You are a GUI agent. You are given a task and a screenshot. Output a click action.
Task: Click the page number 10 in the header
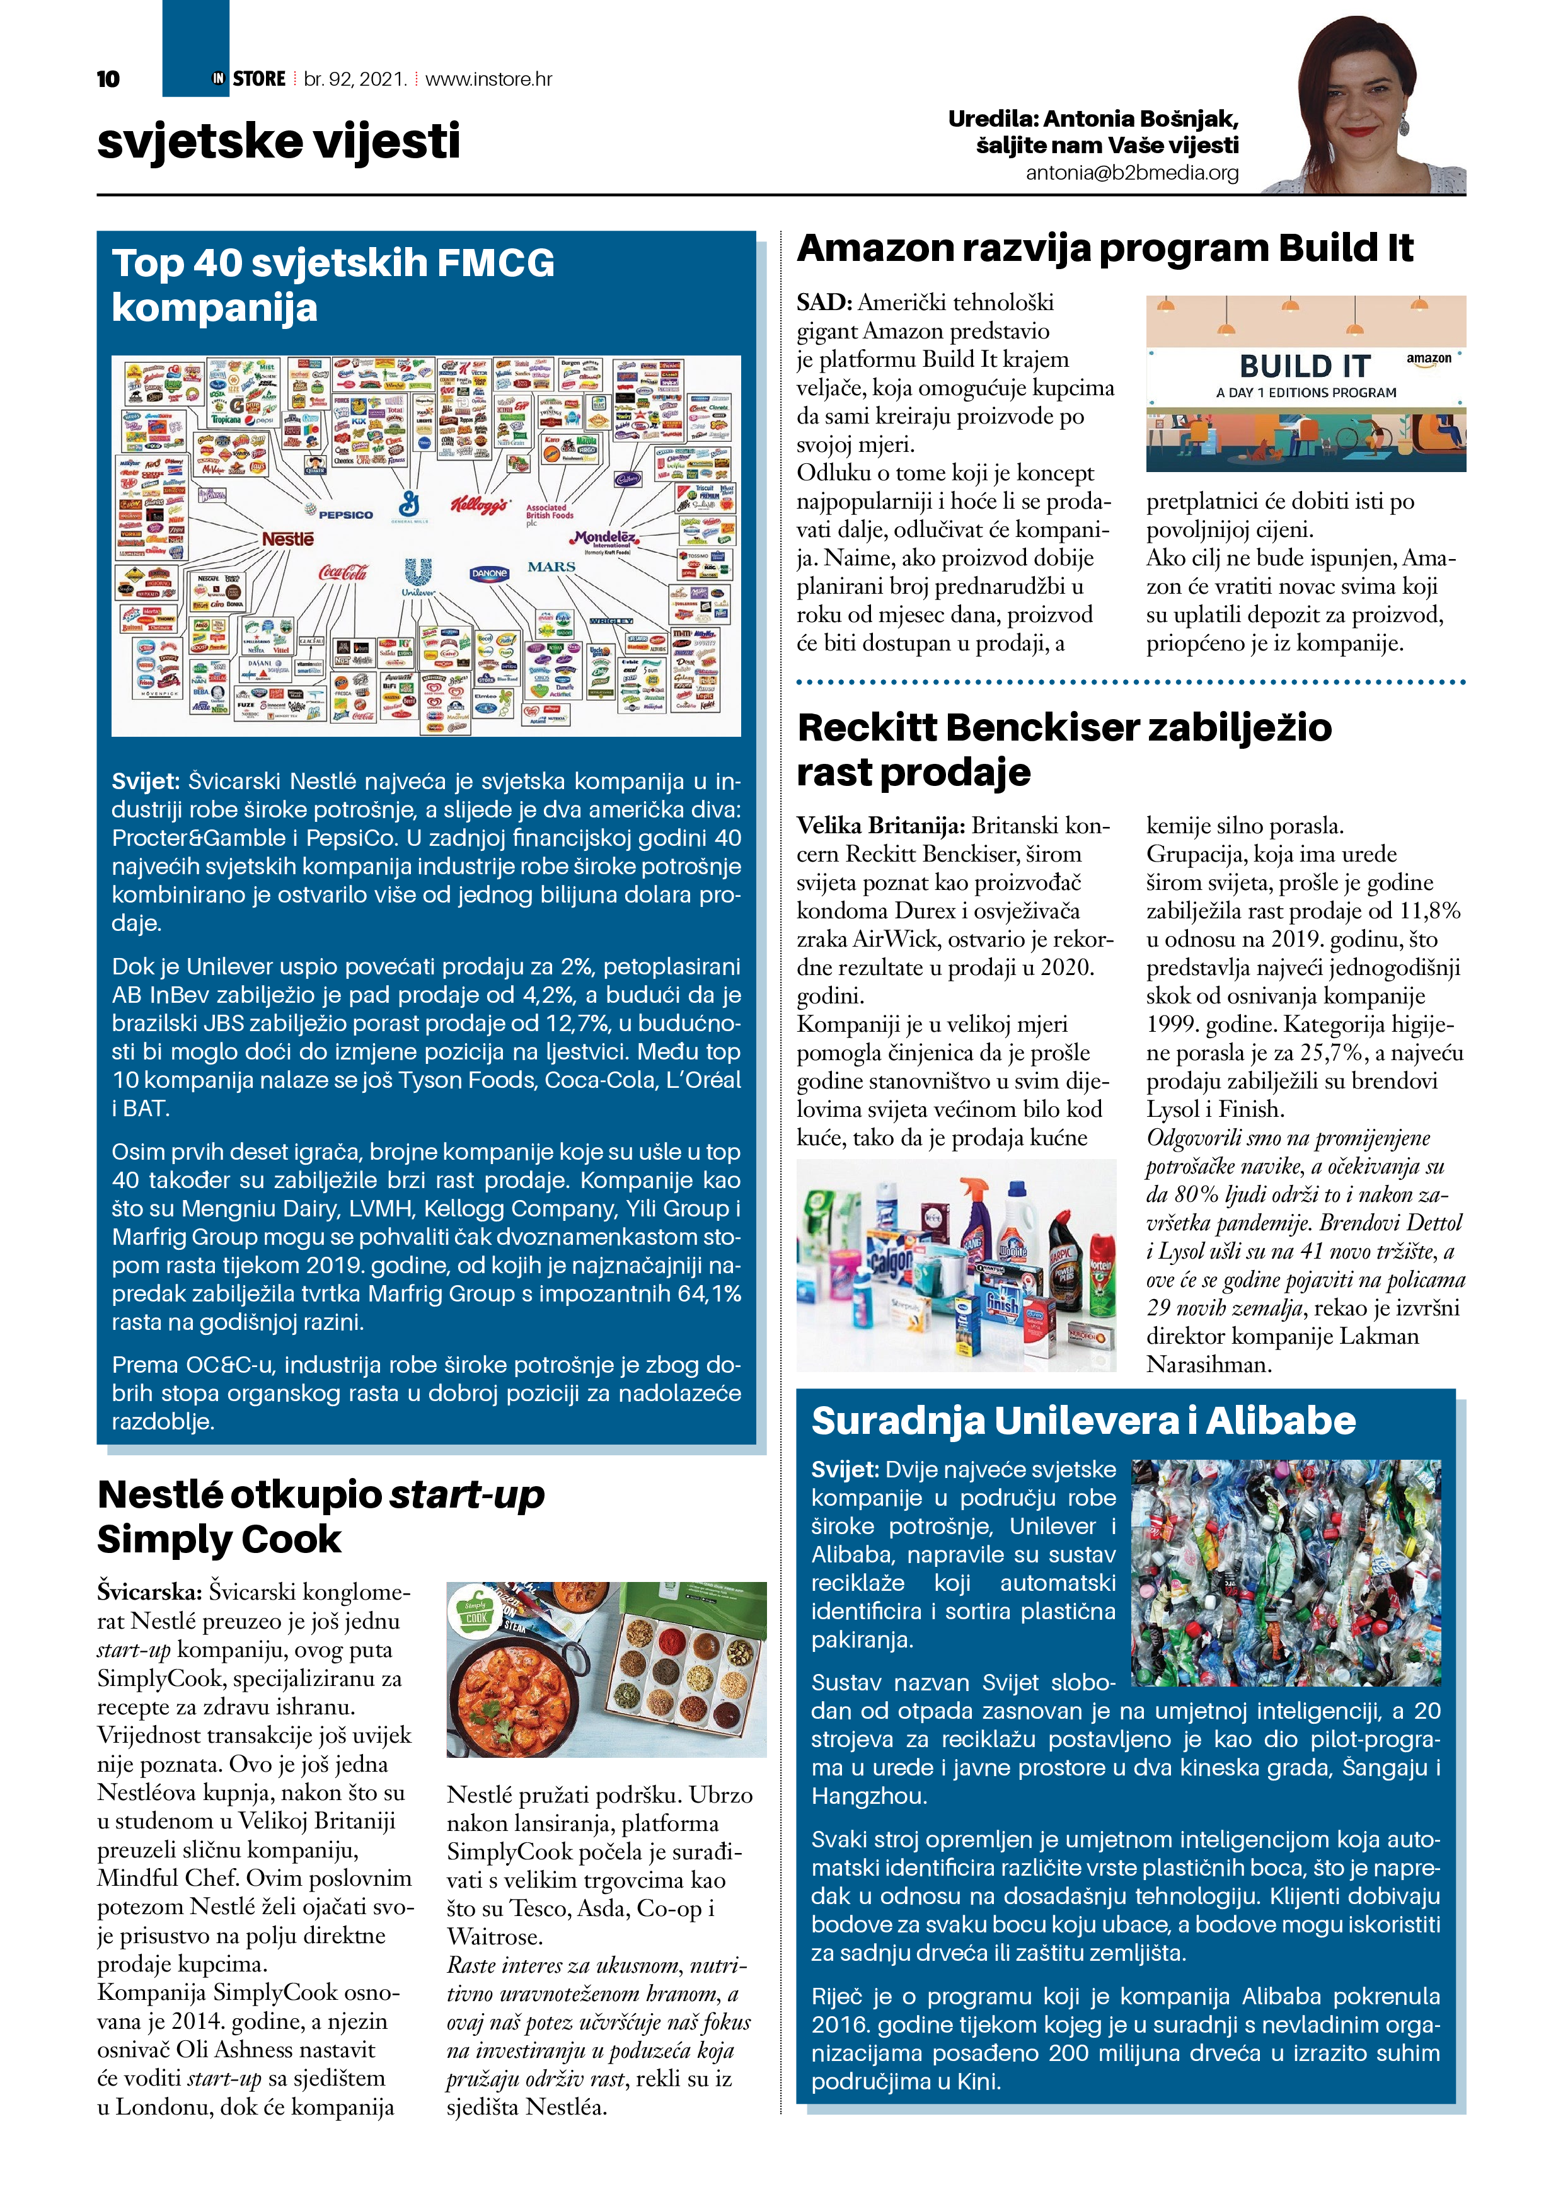click(x=108, y=79)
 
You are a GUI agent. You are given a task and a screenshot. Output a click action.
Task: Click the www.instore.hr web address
click(x=488, y=79)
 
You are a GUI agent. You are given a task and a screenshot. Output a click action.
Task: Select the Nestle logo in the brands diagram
click(x=288, y=540)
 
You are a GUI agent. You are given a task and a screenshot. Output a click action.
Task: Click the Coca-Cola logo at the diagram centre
click(x=343, y=573)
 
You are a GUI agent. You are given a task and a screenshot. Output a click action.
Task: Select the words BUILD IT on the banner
click(x=1304, y=367)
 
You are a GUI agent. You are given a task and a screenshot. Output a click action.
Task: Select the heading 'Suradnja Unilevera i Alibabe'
click(x=1083, y=1421)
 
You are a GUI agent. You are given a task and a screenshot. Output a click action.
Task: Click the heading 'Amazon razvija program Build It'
click(x=1105, y=248)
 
